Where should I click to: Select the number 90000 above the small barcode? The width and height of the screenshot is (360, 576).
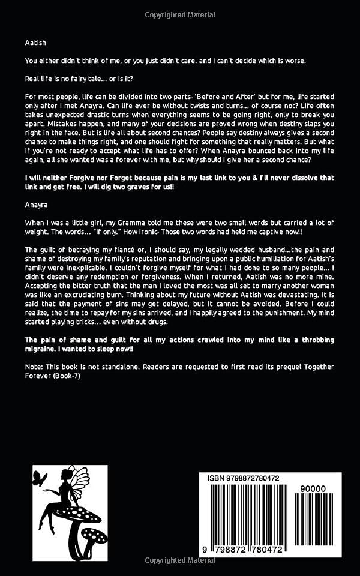click(314, 489)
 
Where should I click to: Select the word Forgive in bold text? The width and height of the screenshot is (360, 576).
click(74, 178)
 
